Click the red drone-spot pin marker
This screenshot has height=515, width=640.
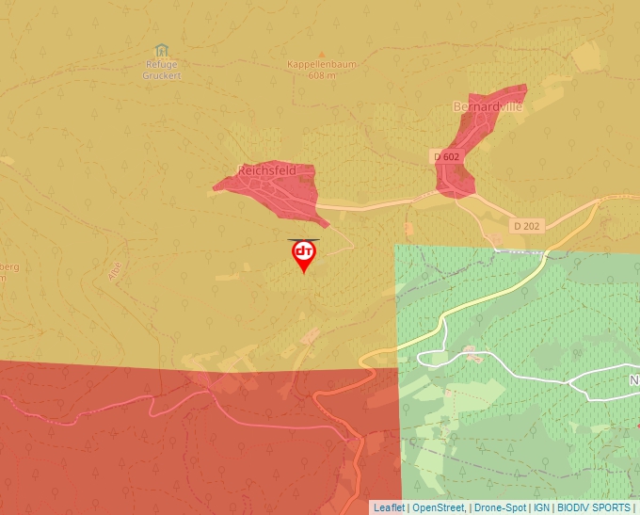pos(304,254)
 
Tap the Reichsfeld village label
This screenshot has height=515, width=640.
pos(266,170)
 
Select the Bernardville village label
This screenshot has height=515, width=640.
pos(487,105)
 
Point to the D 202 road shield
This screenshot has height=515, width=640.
pos(528,226)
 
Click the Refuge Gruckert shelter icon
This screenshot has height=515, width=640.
pos(161,50)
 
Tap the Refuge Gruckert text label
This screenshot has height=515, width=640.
pos(161,70)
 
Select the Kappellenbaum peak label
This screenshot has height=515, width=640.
pos(323,64)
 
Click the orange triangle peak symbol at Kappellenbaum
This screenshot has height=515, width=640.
pos(322,54)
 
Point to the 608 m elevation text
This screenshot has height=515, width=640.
pos(322,75)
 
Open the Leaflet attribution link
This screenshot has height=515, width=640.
pos(389,507)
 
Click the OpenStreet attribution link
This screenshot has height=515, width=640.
pos(439,507)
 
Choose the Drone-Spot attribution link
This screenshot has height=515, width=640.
pos(500,507)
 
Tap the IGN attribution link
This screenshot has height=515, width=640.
pos(542,507)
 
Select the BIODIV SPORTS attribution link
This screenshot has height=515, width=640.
pos(594,507)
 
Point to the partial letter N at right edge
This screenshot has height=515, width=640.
pos(633,380)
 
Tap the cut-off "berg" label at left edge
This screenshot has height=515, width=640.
pos(9,266)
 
